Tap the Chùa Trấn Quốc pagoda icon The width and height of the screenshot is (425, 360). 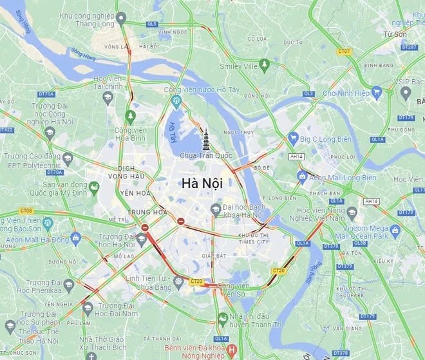pos(206,139)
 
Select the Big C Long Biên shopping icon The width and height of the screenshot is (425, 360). pos(293,137)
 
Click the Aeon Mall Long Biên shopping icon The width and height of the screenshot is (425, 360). pos(301,176)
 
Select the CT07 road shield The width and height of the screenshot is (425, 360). pos(345,51)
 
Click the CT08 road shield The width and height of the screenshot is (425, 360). pos(26,211)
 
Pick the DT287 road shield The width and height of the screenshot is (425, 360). pos(409,47)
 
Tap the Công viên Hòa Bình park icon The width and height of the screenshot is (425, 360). pos(131,116)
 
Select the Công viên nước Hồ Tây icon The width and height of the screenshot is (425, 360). pos(176,101)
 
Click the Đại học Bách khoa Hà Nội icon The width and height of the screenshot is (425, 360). pos(216,209)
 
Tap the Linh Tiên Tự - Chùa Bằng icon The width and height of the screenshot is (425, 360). pos(178,281)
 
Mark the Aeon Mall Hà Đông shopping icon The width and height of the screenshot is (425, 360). pos(75,238)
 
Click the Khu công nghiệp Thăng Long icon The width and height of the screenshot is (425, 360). pos(122,19)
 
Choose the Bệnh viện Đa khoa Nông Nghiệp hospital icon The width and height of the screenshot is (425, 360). pos(232,351)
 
